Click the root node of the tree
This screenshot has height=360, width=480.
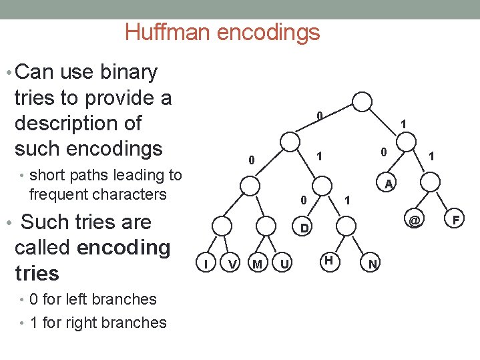(362, 102)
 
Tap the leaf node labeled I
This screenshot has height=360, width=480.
(208, 265)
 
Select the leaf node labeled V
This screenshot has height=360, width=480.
(232, 265)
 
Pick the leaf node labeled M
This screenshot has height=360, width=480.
(257, 265)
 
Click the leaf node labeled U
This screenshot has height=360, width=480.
(284, 265)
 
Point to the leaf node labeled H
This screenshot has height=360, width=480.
(328, 260)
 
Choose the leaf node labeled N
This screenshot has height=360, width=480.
(373, 265)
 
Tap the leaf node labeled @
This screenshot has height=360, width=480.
(415, 219)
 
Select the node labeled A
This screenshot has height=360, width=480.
(389, 183)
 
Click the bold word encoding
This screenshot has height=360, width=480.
(124, 247)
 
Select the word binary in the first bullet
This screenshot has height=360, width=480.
(127, 71)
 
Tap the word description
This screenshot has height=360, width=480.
(78, 123)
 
